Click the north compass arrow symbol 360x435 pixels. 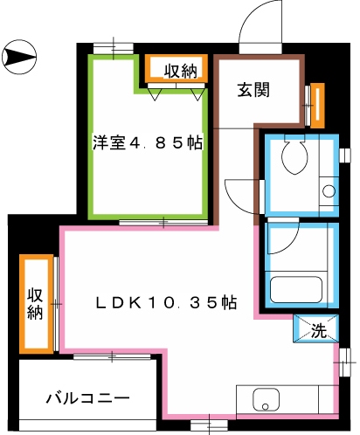pos(20,59)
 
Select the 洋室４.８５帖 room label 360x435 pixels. pos(148,142)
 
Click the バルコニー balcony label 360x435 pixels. pos(87,398)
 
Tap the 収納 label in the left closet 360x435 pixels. pos(35,303)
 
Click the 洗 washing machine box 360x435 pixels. pos(318,330)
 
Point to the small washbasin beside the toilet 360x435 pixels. pos(329,190)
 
